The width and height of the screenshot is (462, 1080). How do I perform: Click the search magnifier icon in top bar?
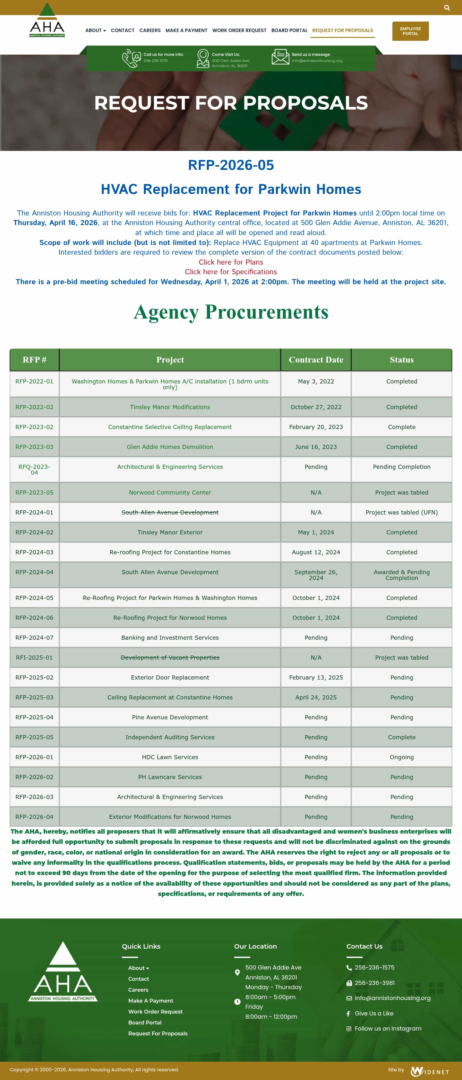coord(447,7)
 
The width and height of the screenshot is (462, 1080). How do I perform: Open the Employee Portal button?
coord(410,31)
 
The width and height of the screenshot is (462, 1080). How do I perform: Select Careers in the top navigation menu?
coord(150,30)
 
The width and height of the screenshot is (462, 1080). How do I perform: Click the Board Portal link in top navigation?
coord(289,30)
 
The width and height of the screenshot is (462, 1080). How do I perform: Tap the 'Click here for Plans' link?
coord(231,262)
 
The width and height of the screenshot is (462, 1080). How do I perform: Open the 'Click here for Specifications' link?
coord(231,272)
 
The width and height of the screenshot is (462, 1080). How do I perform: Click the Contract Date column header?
coord(316,360)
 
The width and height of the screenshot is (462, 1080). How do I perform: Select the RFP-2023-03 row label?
coord(34,447)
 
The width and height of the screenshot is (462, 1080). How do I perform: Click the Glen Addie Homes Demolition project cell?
coord(170,447)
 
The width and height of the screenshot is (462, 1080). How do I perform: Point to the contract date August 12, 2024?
coord(316,552)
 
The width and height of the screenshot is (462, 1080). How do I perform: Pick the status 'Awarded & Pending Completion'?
coord(401,575)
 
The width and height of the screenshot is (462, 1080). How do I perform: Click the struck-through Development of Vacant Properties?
coord(170,657)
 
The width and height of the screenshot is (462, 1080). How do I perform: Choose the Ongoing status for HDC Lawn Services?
coord(401,757)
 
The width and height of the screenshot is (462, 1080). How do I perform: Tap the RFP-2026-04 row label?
coord(34,817)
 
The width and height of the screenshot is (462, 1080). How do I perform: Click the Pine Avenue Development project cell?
coord(170,717)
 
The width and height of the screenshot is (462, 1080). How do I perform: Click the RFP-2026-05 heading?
coord(231,165)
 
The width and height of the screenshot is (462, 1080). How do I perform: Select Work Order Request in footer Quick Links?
coord(155,1012)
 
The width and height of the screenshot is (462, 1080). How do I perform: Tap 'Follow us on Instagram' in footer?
coord(388,1028)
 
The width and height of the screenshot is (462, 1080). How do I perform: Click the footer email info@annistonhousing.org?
coord(392,998)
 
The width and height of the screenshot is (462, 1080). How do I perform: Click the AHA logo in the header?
coord(47,21)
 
